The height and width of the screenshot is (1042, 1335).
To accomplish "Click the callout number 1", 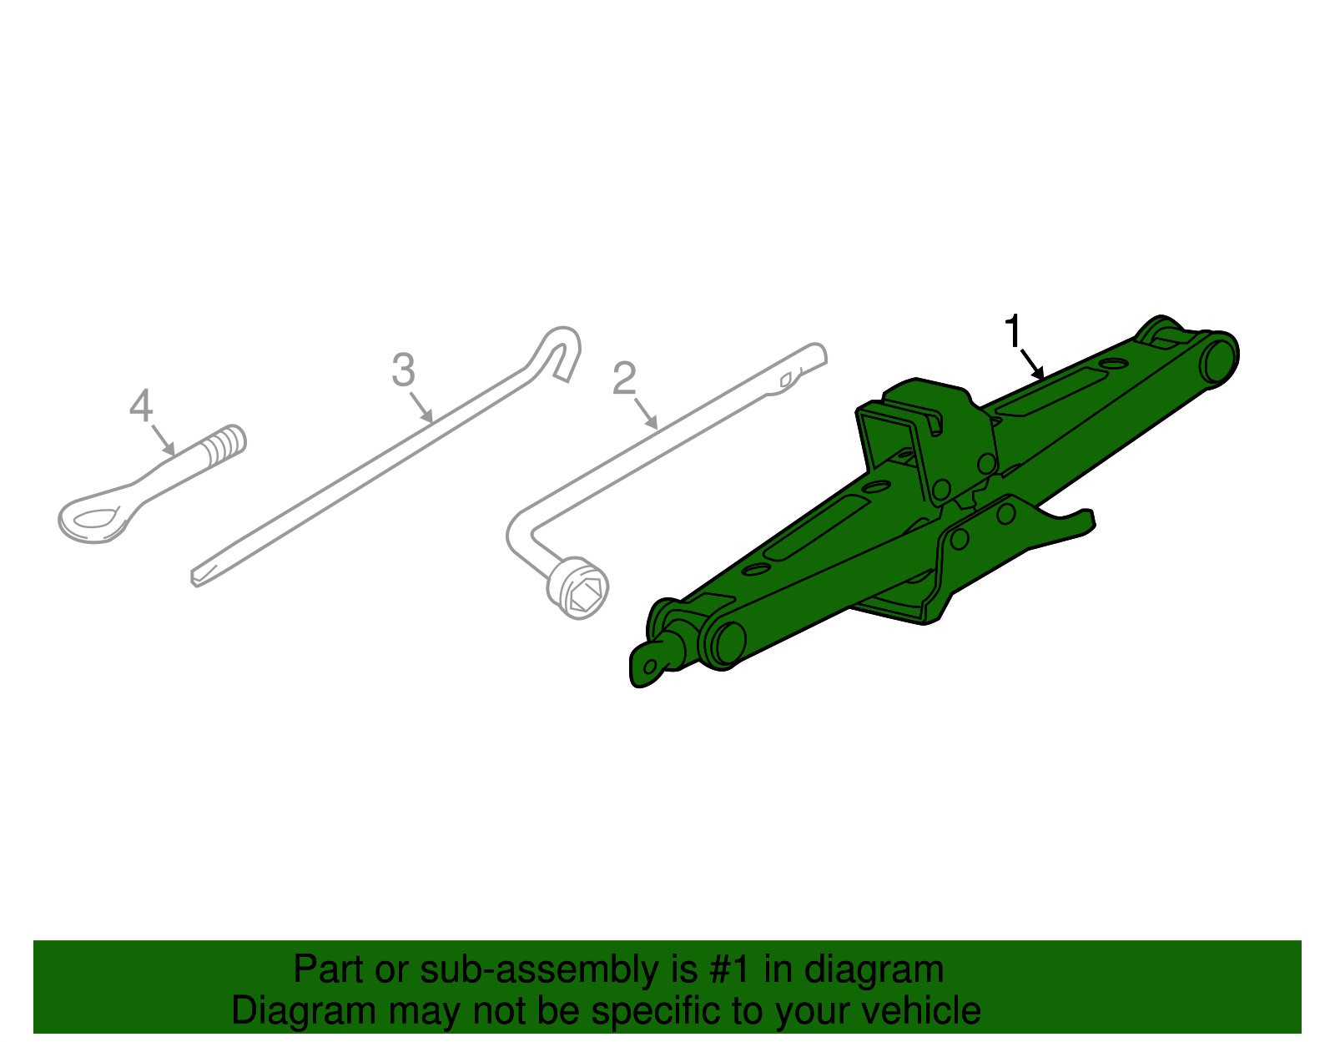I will tap(1013, 331).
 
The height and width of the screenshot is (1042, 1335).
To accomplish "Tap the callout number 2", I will tap(624, 379).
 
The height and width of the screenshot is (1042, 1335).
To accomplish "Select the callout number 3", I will tap(403, 370).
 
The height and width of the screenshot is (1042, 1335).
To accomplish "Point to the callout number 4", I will tap(141, 406).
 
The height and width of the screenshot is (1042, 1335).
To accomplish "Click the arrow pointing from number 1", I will tap(1033, 364).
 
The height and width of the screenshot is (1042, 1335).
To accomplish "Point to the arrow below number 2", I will tap(647, 415).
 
